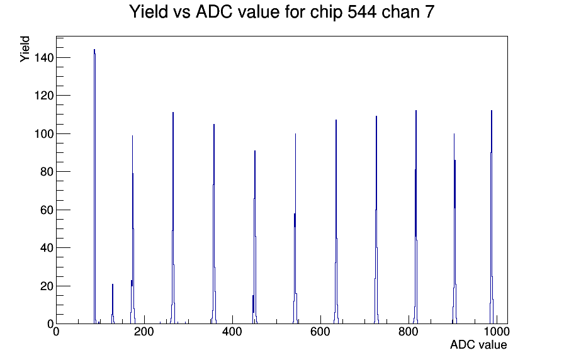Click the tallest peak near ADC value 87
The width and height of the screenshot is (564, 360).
tap(94, 186)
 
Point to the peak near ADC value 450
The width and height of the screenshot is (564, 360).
tap(255, 237)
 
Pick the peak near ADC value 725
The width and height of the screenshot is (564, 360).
tap(376, 220)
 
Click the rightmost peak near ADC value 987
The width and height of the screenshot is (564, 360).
tap(492, 217)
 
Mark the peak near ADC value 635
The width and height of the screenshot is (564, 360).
tap(336, 222)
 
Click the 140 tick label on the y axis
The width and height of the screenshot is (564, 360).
tap(44, 57)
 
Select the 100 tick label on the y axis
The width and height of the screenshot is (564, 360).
tap(44, 134)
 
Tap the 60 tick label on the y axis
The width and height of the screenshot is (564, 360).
tap(47, 210)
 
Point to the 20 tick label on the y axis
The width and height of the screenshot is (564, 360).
tap(47, 286)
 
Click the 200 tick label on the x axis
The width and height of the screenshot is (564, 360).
tap(144, 332)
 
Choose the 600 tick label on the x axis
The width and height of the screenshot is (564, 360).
tap(320, 332)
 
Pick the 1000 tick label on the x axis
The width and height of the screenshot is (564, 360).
tap(497, 332)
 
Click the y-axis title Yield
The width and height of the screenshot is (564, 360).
tap(25, 49)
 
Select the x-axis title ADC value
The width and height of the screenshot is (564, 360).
tap(478, 345)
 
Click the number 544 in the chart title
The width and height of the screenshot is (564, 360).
tap(361, 12)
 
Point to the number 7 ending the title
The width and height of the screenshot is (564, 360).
tap(430, 12)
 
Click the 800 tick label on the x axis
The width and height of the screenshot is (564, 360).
tap(409, 332)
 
